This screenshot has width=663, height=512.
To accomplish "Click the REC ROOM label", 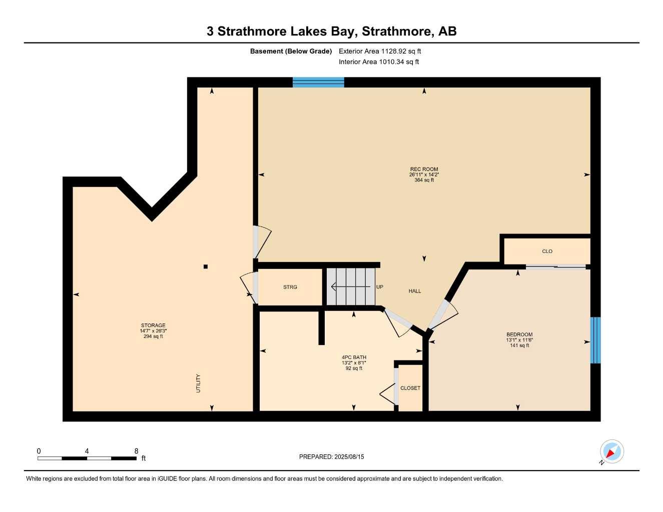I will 424,169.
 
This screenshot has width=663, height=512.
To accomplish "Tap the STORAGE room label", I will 153,325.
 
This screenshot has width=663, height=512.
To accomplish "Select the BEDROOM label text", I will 519,334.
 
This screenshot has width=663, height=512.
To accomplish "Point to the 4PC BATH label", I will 354,357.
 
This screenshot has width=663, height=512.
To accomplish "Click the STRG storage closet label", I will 290,287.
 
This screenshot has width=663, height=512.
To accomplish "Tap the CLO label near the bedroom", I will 547,251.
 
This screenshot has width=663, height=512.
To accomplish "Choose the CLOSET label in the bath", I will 410,388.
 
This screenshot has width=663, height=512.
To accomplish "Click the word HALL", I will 415,291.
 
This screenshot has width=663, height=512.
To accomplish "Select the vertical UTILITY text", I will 198,383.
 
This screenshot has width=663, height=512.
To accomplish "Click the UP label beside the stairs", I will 380,287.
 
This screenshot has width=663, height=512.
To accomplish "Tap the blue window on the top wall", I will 318,82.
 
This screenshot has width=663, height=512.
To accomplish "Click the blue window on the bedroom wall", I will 595,340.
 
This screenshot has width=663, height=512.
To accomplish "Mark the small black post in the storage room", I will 205,266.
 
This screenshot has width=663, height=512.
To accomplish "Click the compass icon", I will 611,452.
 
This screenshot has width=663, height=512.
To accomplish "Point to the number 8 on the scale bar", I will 136,451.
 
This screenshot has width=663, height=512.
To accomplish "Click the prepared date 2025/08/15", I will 349,456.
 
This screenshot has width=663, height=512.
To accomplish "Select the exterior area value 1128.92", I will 392,51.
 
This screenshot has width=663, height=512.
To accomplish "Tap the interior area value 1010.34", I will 392,62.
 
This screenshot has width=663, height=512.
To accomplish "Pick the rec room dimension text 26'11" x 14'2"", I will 424,174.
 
